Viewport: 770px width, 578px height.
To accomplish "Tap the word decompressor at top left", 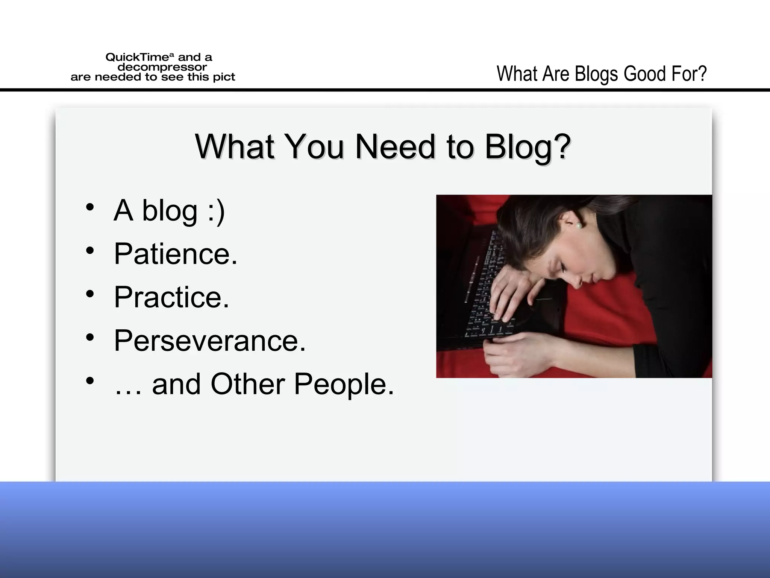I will click(x=162, y=67).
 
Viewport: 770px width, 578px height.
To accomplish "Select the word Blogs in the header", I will click(x=596, y=74).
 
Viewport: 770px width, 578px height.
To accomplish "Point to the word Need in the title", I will click(x=396, y=147).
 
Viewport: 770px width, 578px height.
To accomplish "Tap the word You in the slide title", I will click(x=314, y=147).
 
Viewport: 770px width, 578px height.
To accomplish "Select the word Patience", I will click(x=175, y=254).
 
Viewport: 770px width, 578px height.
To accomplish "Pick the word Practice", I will click(x=171, y=297).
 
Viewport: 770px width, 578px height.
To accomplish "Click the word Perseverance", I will click(x=210, y=341).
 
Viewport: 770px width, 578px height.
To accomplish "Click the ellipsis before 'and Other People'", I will click(x=128, y=391).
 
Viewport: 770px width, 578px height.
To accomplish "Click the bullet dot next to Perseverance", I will click(x=89, y=337).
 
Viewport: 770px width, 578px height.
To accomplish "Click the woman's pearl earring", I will click(x=579, y=225).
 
